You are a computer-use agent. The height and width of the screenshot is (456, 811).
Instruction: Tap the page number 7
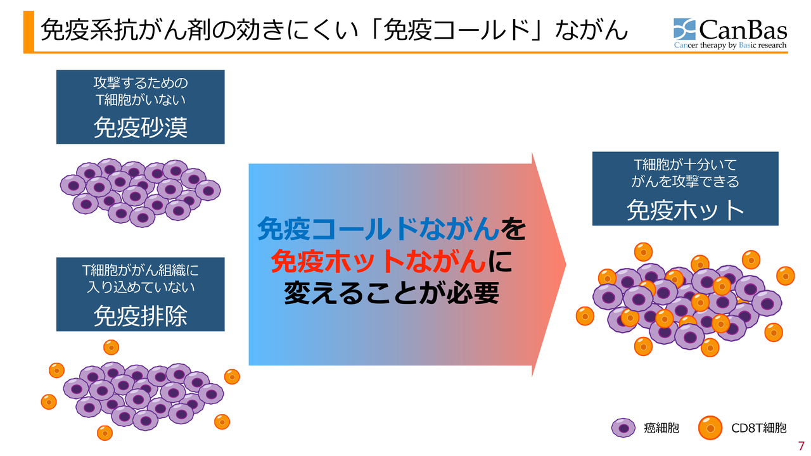[801, 445]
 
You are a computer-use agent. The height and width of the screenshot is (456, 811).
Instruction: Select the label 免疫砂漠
[140, 127]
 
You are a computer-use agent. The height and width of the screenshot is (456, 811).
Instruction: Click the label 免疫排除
[140, 315]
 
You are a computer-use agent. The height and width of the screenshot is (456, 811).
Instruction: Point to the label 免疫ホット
[685, 209]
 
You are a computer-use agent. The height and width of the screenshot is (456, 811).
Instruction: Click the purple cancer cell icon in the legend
[623, 428]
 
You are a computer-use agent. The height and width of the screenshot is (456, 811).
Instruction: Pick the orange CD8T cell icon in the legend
[710, 428]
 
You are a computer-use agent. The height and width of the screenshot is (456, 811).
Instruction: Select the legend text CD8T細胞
[759, 429]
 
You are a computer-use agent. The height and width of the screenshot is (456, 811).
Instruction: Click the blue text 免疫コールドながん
[378, 229]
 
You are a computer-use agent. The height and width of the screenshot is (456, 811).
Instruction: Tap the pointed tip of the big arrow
[565, 264]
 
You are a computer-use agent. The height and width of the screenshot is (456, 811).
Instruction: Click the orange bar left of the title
[28, 30]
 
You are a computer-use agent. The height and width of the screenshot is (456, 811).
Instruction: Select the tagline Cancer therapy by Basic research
[730, 46]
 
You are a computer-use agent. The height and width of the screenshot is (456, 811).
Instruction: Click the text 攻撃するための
[140, 84]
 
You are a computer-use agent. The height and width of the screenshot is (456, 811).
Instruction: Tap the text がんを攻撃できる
[685, 182]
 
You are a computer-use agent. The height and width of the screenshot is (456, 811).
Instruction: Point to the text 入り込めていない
[140, 287]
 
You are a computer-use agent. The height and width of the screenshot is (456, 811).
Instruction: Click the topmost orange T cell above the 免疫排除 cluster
[112, 346]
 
